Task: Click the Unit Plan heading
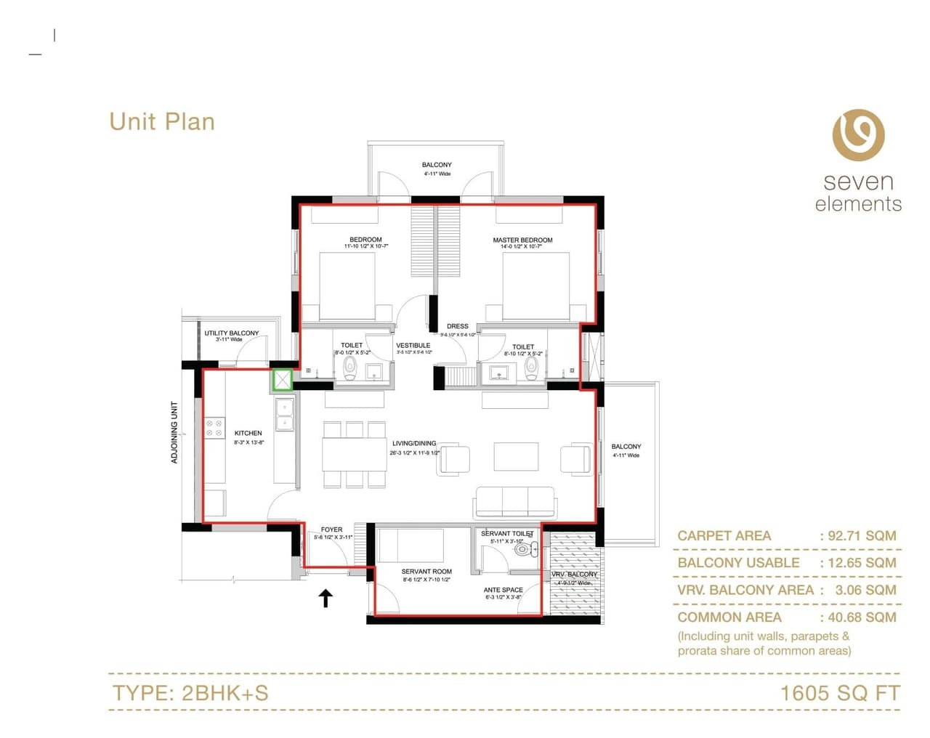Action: (x=162, y=121)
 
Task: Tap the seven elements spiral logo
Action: (x=858, y=135)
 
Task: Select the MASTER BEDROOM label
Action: (x=522, y=240)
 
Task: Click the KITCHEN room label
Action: (x=248, y=433)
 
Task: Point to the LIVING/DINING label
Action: (x=414, y=443)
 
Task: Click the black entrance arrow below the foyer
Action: (x=326, y=598)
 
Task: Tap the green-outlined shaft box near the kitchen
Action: (x=282, y=379)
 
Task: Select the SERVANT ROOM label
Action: (x=426, y=572)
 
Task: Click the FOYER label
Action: (x=331, y=530)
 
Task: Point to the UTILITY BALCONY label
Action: (x=231, y=333)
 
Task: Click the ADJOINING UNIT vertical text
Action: (x=174, y=432)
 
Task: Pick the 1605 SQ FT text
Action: (x=839, y=693)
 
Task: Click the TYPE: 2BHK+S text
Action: (x=190, y=693)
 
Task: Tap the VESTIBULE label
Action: (x=413, y=345)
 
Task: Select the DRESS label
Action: (x=458, y=326)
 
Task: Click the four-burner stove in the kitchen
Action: (x=214, y=428)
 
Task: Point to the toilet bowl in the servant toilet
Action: (x=522, y=550)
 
